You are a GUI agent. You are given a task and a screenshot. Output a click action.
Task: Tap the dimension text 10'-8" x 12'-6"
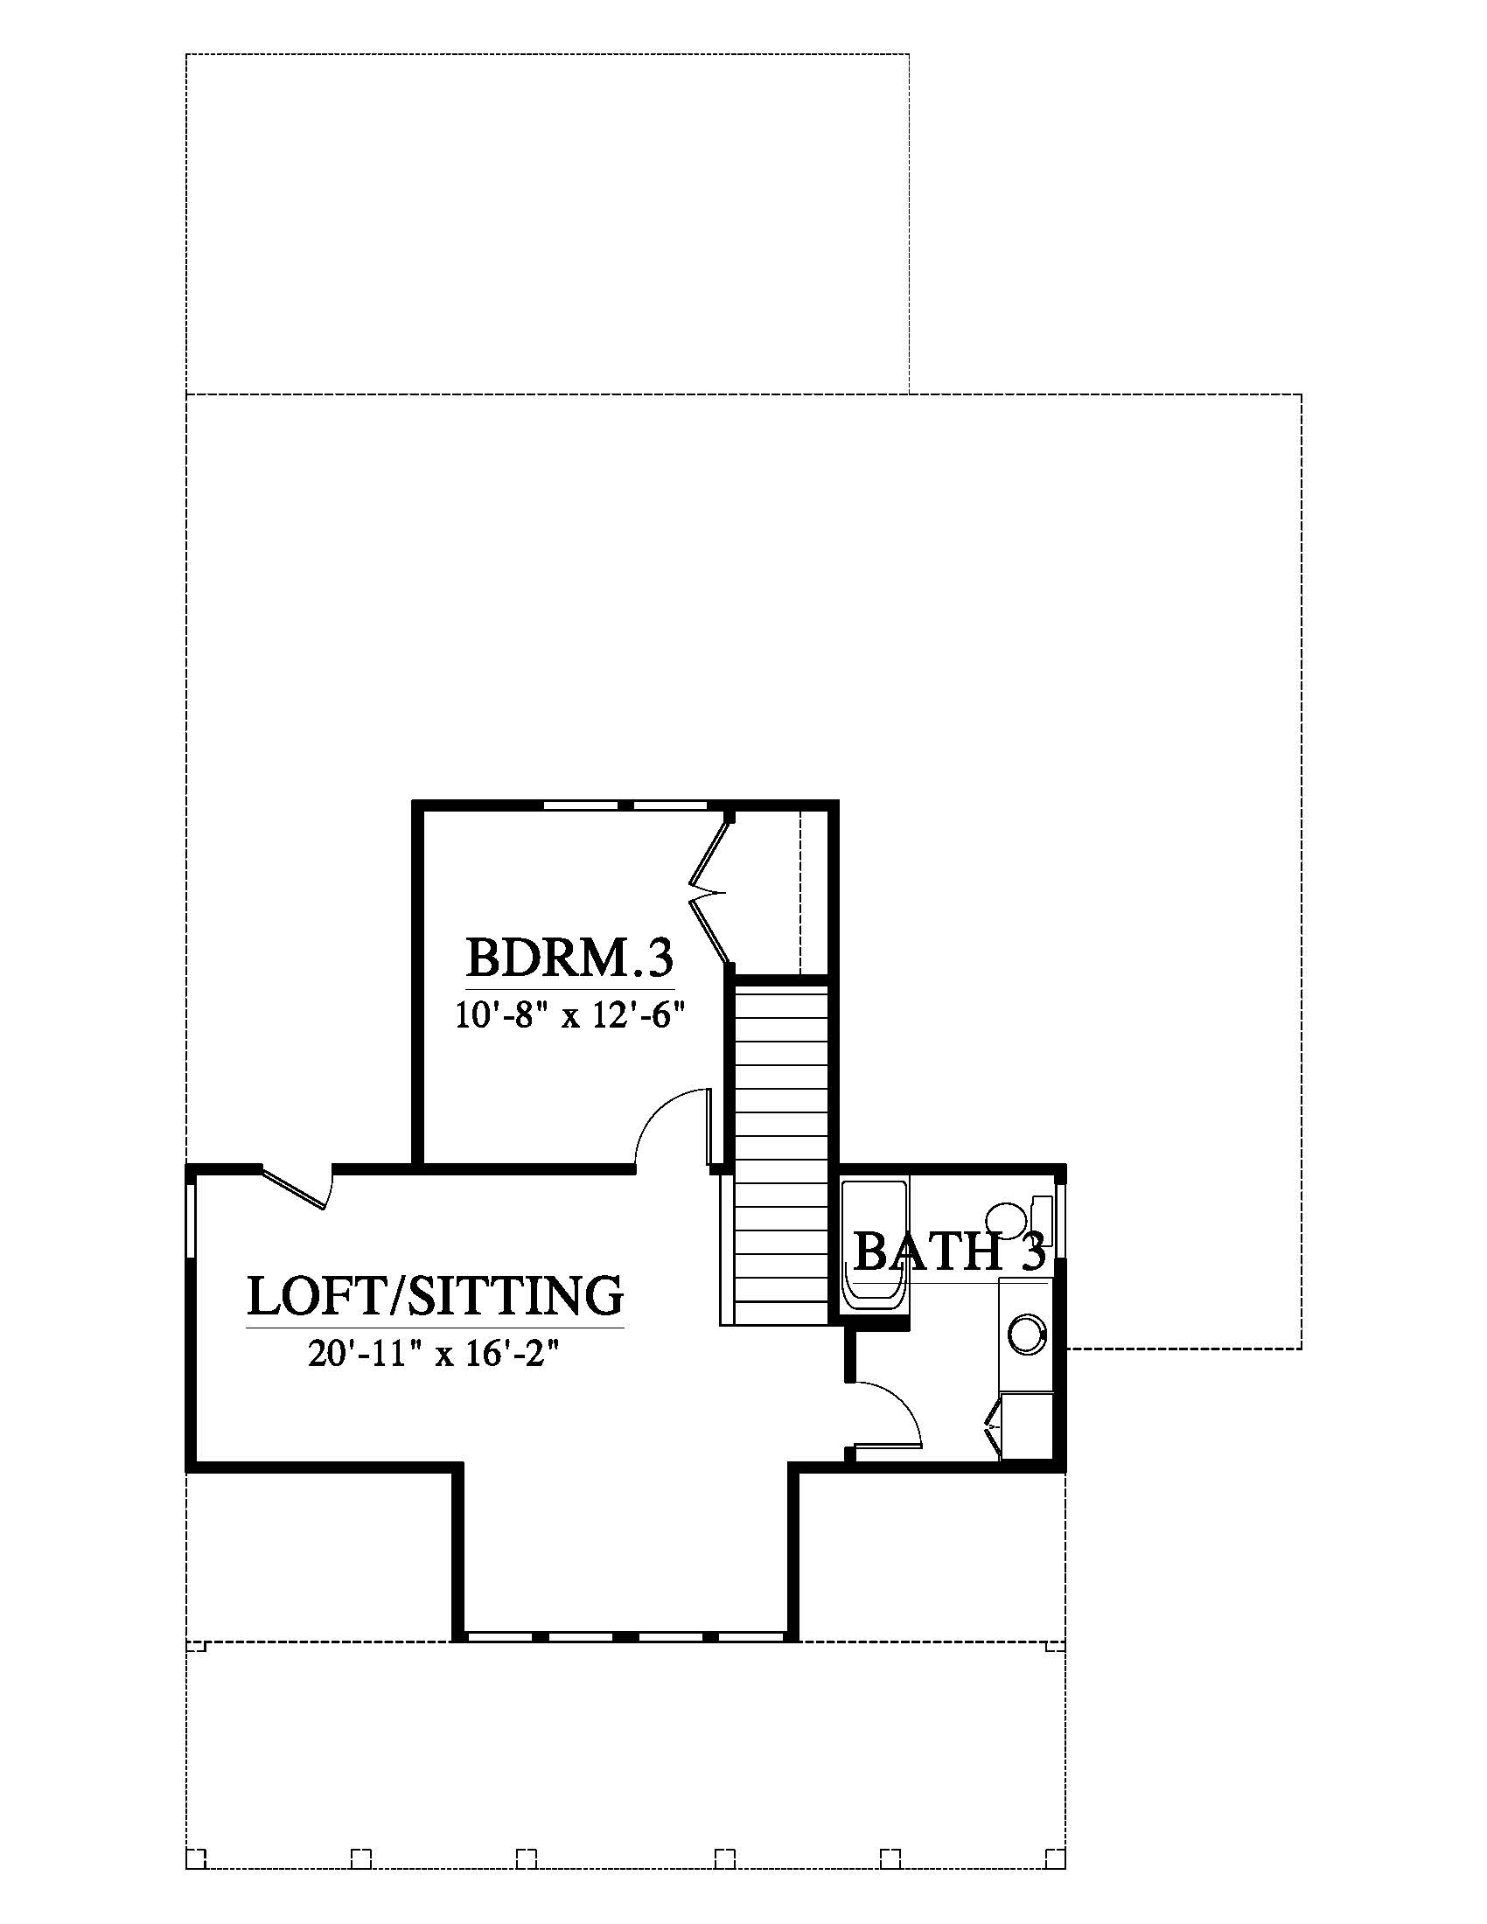tap(570, 1016)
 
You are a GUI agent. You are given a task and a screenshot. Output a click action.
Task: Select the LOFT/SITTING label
tap(436, 1296)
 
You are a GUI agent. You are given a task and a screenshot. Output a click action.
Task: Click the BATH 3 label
tap(950, 1251)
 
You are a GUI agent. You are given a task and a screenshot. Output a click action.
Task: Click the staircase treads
tap(781, 1154)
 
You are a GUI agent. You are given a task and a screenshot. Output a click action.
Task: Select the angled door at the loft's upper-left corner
tap(297, 1186)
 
